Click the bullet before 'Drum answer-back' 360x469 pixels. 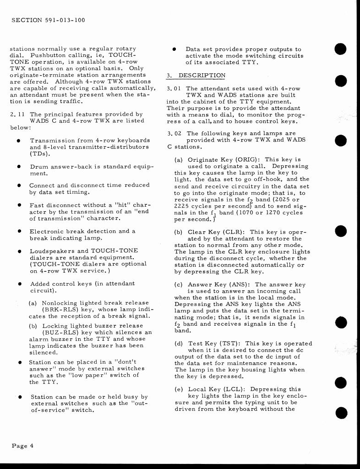(19, 167)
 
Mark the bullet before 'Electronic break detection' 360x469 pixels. (19, 231)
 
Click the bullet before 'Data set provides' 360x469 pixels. (175, 49)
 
